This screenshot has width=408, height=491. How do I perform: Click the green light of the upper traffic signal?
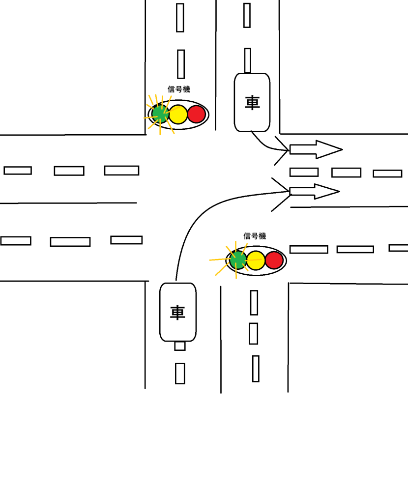[x=160, y=114]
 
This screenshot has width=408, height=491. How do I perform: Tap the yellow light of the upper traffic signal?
[x=178, y=114]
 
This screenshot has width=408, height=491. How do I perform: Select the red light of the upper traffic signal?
[x=196, y=114]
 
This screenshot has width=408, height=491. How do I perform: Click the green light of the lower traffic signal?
[x=238, y=260]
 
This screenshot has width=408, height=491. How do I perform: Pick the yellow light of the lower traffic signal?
[x=256, y=260]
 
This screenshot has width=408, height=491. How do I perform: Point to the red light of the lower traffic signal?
[x=274, y=260]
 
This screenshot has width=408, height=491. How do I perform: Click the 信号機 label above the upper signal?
[x=178, y=89]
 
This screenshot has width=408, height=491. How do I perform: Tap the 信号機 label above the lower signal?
[x=254, y=236]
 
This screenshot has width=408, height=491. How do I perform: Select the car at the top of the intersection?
[x=252, y=102]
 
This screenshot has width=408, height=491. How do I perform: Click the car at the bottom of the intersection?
[x=178, y=312]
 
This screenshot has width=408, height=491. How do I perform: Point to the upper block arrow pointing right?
[x=315, y=149]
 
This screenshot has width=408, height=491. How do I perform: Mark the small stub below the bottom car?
[x=180, y=346]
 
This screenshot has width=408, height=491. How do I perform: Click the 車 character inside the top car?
[x=252, y=102]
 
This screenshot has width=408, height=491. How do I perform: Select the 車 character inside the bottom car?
[x=177, y=313]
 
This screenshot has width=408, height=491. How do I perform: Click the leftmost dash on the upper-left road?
[x=18, y=171]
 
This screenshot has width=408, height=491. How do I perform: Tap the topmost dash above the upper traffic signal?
[x=180, y=18]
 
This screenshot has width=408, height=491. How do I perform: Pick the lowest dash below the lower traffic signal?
[x=256, y=369]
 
